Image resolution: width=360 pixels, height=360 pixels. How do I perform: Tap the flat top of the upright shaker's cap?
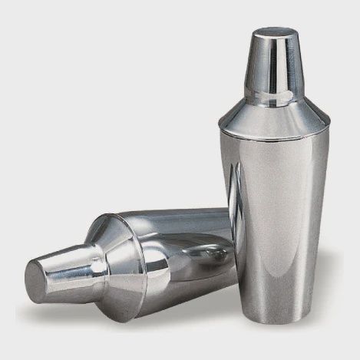276,32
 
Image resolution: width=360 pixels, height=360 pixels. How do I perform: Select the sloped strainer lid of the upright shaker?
274,119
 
